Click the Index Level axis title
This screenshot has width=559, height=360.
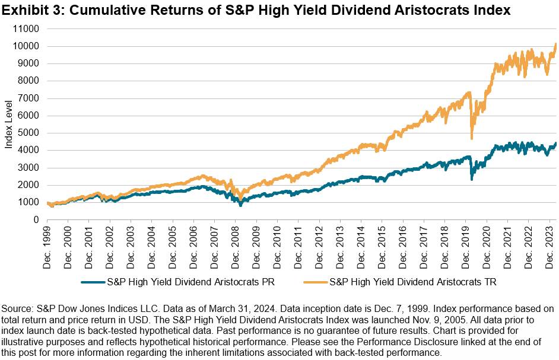[x=9, y=124]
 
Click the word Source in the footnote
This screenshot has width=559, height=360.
[x=17, y=310]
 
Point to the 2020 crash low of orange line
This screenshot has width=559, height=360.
[x=472, y=139]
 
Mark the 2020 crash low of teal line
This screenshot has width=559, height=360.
[x=472, y=179]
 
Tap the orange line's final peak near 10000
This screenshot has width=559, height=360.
[x=555, y=44]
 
